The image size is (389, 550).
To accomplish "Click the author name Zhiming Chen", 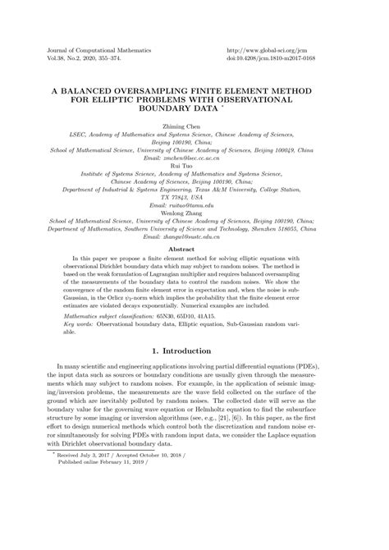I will pyautogui.click(x=194, y=127).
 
